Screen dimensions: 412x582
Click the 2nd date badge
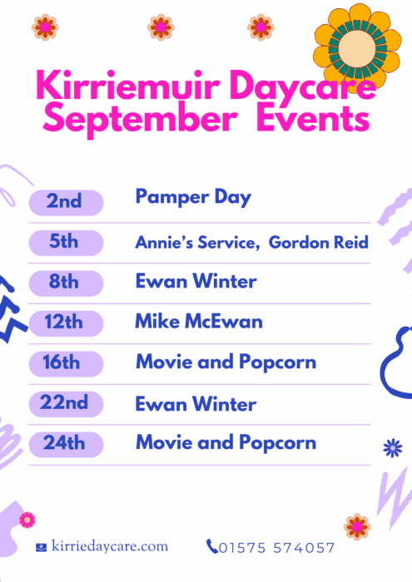(x=66, y=203)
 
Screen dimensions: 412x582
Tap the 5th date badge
(x=66, y=243)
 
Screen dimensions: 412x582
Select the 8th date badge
(x=66, y=284)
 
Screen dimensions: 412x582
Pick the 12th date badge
(x=66, y=323)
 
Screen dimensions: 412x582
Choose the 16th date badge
(x=66, y=364)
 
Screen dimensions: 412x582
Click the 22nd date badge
(x=66, y=404)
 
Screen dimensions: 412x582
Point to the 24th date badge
(x=66, y=444)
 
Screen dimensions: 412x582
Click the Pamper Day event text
(x=193, y=198)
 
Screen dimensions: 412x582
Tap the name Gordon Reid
(x=319, y=243)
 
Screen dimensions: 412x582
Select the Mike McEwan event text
(x=199, y=321)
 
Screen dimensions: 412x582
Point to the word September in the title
(x=140, y=119)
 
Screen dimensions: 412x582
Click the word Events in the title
(x=313, y=118)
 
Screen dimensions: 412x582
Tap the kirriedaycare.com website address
(x=110, y=546)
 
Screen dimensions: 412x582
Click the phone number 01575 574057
(x=277, y=548)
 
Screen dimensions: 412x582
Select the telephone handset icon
(x=211, y=546)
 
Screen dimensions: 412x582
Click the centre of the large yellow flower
(x=357, y=48)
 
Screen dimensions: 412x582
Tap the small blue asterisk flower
(x=393, y=448)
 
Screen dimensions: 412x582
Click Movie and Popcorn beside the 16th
(x=226, y=363)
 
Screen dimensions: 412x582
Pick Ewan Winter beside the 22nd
(x=196, y=404)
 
